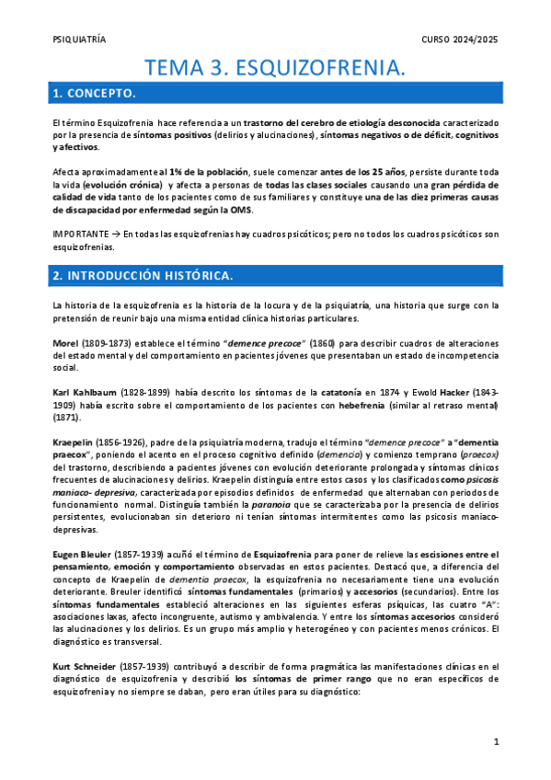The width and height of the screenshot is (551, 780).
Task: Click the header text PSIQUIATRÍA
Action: (80, 40)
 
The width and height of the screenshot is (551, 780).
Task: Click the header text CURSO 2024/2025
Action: (459, 40)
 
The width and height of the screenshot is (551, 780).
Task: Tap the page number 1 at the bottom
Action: (495, 741)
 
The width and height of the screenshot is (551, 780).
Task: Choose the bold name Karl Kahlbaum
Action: (85, 392)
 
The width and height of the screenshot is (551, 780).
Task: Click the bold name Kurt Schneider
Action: (88, 665)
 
